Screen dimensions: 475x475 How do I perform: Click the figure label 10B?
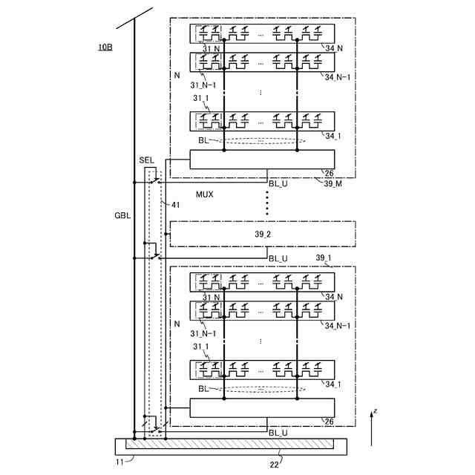point(105,47)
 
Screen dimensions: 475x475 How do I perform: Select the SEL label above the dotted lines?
point(146,160)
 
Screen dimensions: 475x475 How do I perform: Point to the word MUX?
point(204,194)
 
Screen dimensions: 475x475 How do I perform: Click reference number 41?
point(176,204)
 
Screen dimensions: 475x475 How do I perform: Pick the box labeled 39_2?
point(263,234)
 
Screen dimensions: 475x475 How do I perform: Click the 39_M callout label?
point(333,183)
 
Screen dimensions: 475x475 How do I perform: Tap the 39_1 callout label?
point(324,258)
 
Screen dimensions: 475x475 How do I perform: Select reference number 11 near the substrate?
point(119,462)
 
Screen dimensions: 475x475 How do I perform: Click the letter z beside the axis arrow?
point(376,410)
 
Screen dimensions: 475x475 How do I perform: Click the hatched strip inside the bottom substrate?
point(229,445)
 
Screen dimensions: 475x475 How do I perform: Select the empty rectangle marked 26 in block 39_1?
point(262,408)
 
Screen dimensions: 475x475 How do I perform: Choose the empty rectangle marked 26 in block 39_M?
point(262,160)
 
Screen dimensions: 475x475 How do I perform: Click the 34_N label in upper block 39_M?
point(334,48)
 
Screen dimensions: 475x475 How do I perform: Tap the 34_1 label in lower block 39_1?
point(334,384)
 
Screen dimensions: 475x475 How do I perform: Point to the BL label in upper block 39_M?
point(204,140)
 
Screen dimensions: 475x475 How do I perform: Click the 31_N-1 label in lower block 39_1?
point(203,334)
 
